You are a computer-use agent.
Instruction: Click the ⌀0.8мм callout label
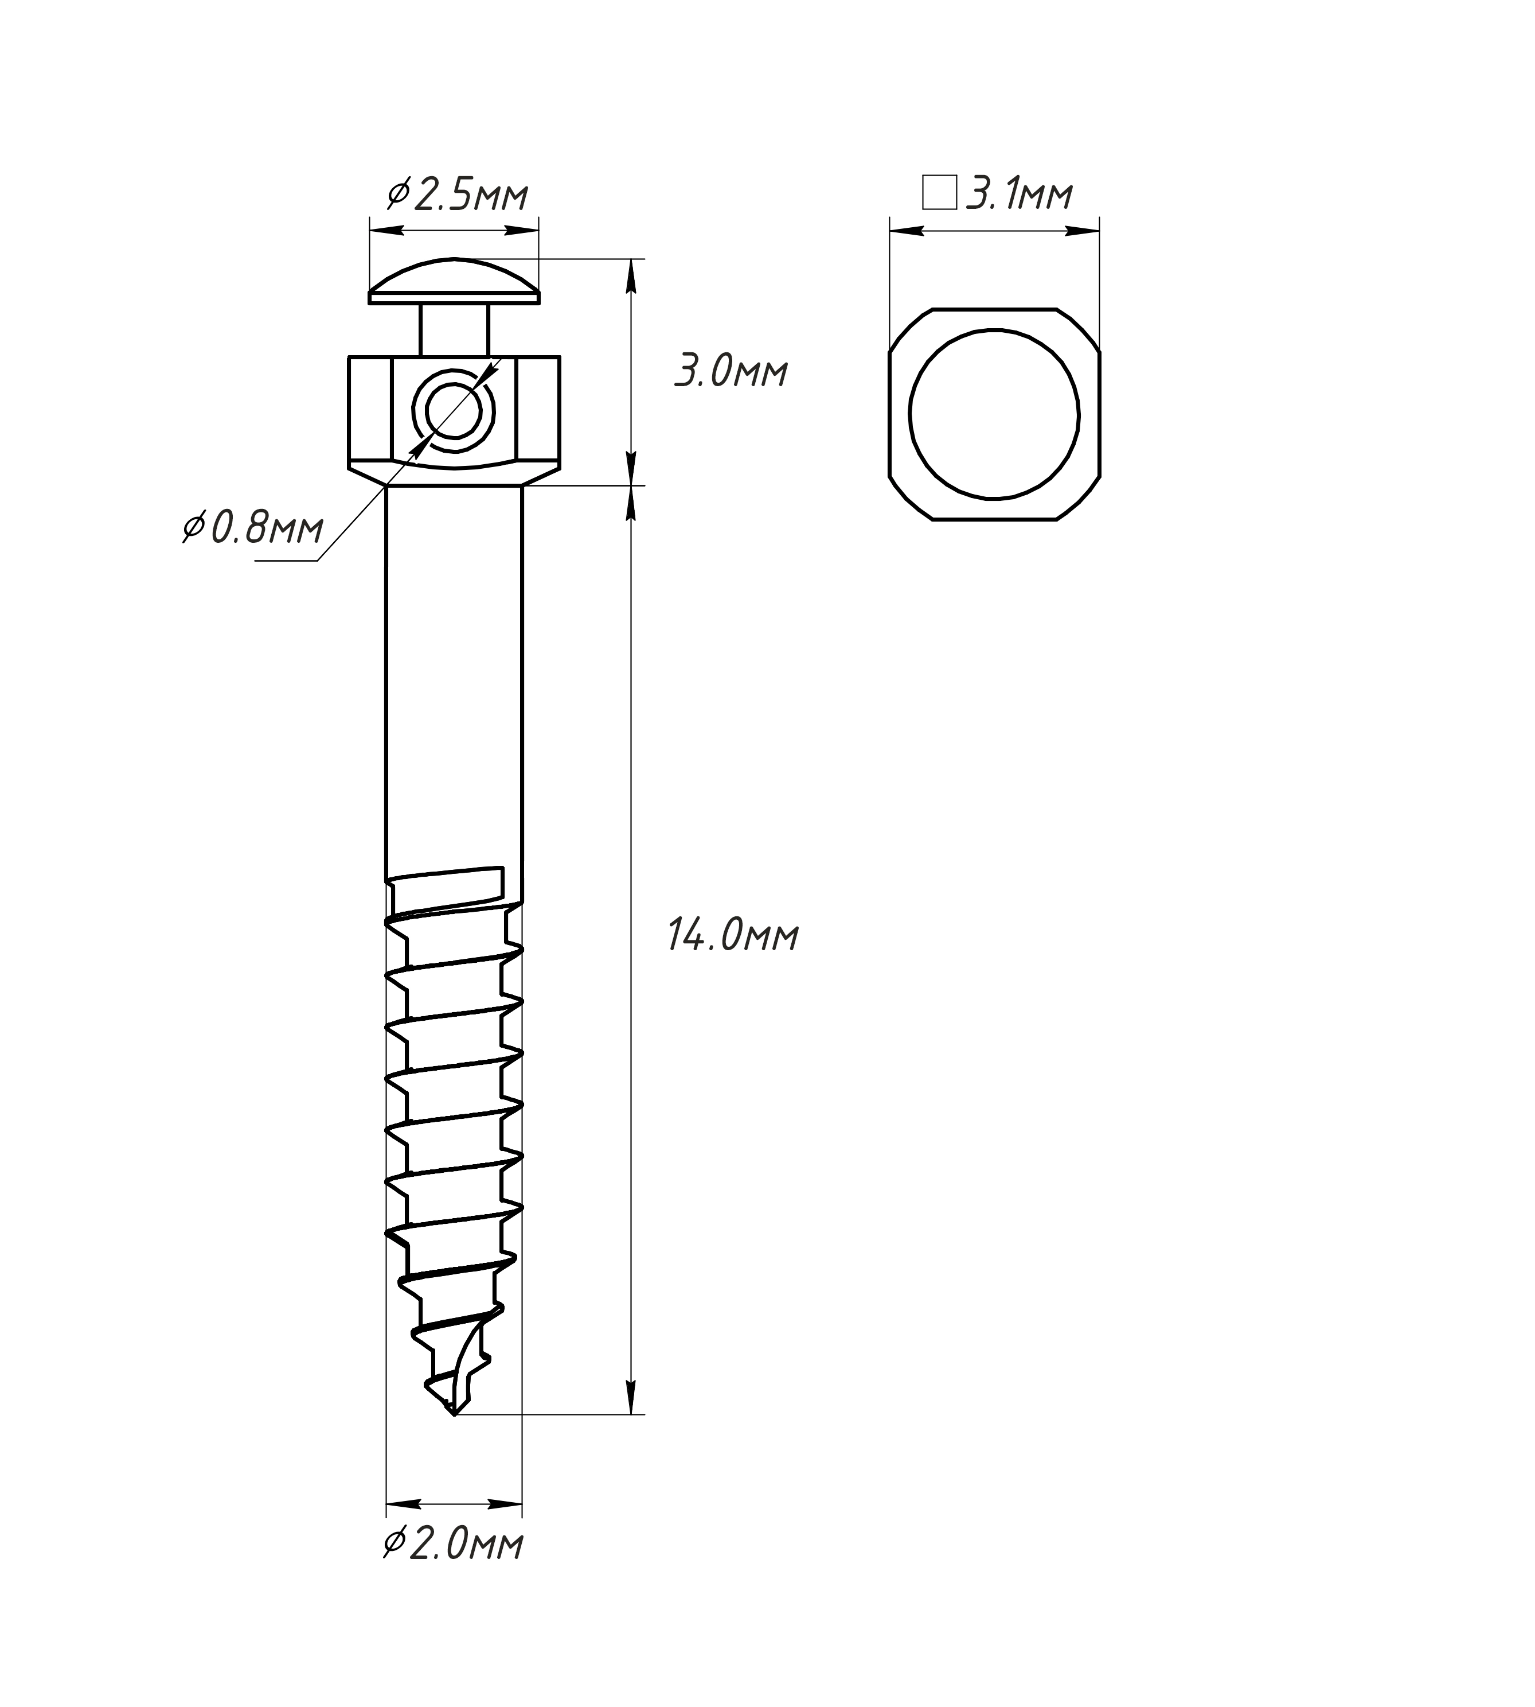pos(253,529)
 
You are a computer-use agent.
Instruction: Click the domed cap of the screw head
pos(455,281)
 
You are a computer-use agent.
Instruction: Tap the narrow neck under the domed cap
pos(455,329)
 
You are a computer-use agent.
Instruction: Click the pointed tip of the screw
pos(454,1414)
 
